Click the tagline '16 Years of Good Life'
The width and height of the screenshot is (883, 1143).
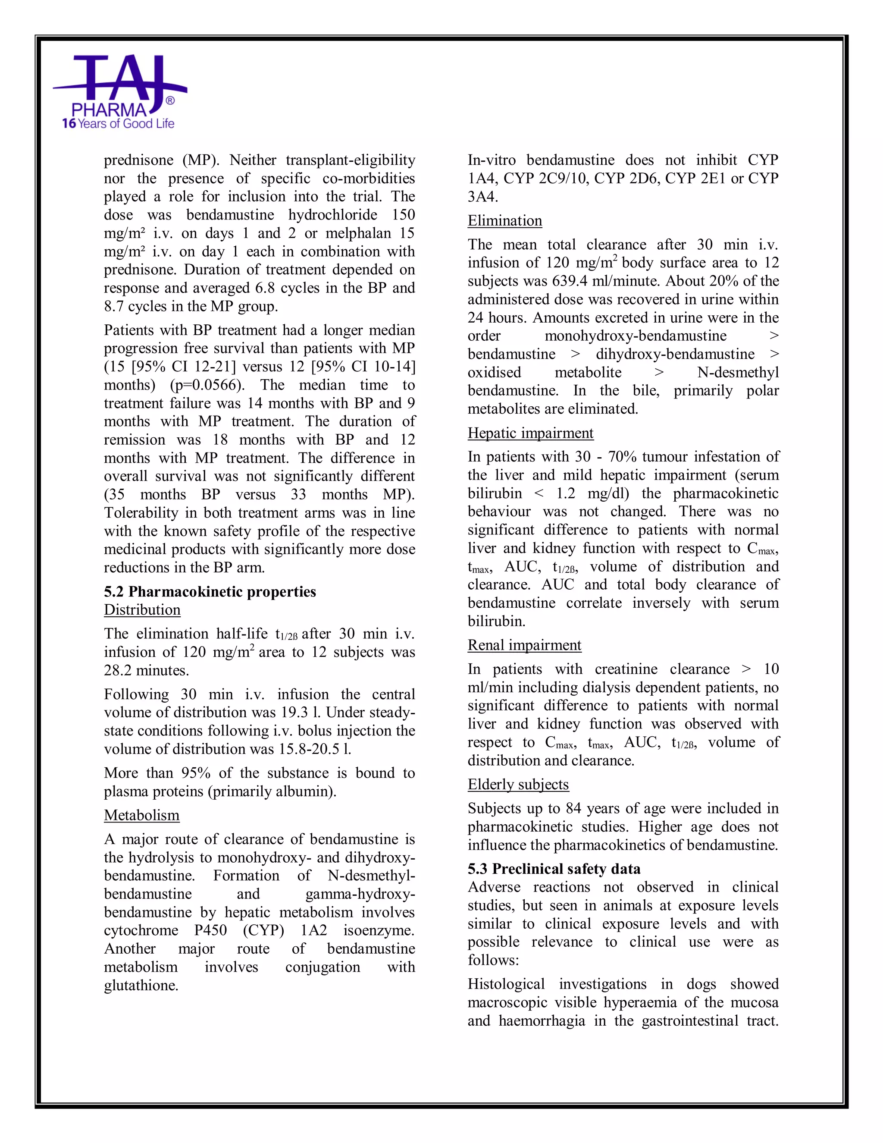pyautogui.click(x=118, y=124)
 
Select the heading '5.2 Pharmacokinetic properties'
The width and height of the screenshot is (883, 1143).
pyautogui.click(x=210, y=592)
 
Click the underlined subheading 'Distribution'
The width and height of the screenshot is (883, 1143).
pyautogui.click(x=142, y=610)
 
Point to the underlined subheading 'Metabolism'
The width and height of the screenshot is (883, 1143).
pyautogui.click(x=141, y=815)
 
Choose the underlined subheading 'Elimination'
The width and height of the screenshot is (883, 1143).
pyautogui.click(x=504, y=221)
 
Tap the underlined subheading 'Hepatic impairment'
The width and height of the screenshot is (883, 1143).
pyautogui.click(x=530, y=433)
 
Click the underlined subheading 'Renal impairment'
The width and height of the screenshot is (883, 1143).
pyautogui.click(x=524, y=645)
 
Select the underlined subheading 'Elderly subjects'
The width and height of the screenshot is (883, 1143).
pyautogui.click(x=518, y=785)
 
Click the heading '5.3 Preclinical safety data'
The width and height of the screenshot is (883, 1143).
pyautogui.click(x=554, y=869)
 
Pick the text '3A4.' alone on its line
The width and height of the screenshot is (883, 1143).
pyautogui.click(x=482, y=197)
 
